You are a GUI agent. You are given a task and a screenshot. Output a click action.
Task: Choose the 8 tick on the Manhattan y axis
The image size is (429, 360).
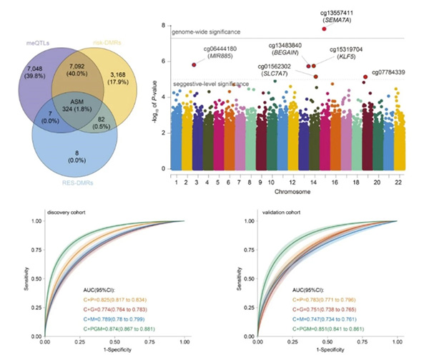tap(164, 26)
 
